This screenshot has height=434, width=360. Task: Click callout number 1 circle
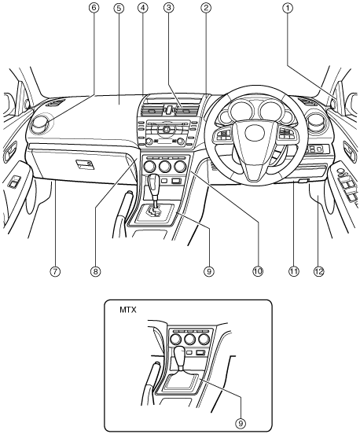click(288, 8)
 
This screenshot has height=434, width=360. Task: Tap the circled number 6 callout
click(94, 8)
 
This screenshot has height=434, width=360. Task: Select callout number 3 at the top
click(168, 8)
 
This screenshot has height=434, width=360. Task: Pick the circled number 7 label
click(55, 271)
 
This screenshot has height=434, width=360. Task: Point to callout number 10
click(258, 271)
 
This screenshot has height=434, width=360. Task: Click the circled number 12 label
click(319, 271)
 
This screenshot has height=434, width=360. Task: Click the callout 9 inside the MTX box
click(241, 423)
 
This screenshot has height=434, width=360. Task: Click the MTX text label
click(128, 310)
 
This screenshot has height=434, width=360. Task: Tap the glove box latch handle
click(85, 164)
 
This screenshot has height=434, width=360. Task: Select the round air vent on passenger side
click(42, 125)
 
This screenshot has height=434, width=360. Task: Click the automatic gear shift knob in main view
click(153, 183)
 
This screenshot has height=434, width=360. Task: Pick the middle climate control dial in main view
click(165, 166)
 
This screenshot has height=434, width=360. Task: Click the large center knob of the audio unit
click(167, 129)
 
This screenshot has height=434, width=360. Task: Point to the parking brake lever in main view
click(120, 215)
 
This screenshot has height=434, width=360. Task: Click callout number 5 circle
click(119, 8)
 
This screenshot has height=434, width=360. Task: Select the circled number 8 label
click(95, 271)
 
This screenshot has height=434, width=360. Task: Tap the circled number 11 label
click(294, 271)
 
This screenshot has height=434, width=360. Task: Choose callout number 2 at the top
click(206, 8)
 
